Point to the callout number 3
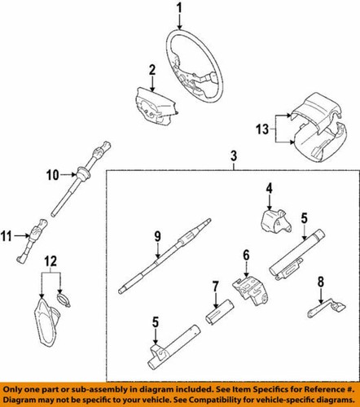point(234,156)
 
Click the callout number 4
point(268,190)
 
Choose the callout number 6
point(244,256)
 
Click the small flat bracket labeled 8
point(321,310)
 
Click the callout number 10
point(51,173)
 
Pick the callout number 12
point(50,261)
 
